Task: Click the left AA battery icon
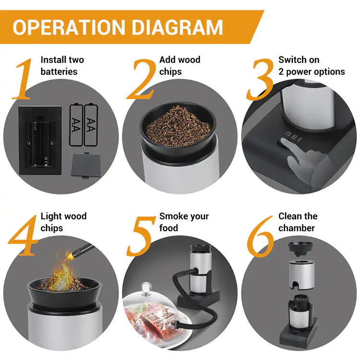[76, 125]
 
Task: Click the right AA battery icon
[91, 125]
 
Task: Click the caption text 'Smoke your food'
[184, 222]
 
